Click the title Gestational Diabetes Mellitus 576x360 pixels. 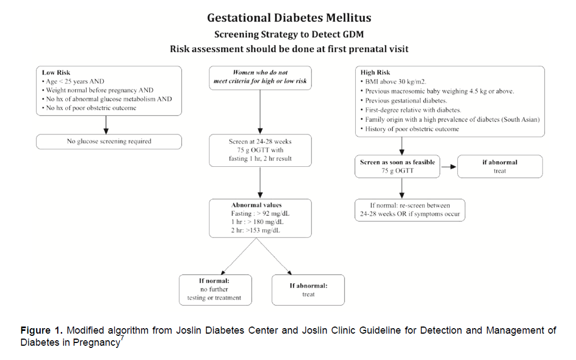[x=289, y=18]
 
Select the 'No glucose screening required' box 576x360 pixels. [x=109, y=142]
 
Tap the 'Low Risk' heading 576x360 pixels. [x=56, y=72]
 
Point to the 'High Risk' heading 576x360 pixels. [x=375, y=72]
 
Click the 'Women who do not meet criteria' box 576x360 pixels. [x=260, y=77]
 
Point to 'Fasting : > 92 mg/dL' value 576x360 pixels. [x=260, y=213]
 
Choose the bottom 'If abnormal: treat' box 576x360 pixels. [x=308, y=290]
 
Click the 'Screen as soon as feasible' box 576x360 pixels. [x=397, y=166]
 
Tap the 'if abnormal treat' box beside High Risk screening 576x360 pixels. [x=500, y=166]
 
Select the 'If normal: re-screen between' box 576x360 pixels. [x=410, y=210]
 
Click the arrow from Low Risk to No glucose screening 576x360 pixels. [x=106, y=125]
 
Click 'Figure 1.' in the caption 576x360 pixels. [x=41, y=330]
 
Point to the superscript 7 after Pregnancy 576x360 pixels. [x=122, y=339]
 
